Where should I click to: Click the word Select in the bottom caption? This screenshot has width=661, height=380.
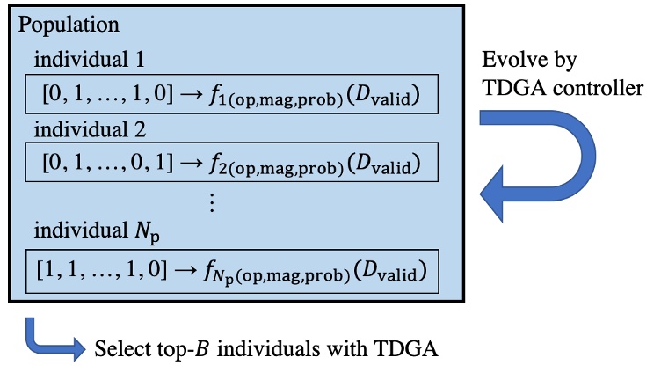120,349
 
